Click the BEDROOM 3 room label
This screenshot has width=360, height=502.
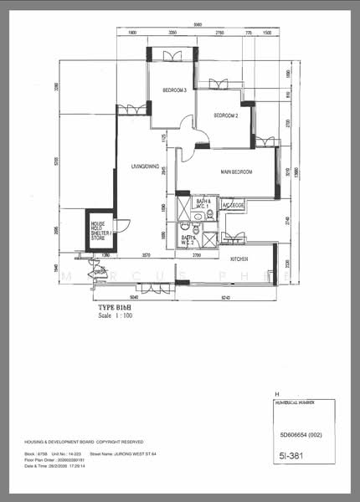174,90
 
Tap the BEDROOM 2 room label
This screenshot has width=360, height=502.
226,115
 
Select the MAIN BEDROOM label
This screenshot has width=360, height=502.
237,172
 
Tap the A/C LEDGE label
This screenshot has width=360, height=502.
233,205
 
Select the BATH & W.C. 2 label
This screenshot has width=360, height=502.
188,241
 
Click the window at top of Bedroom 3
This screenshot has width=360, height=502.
173,56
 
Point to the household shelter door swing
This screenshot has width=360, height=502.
122,225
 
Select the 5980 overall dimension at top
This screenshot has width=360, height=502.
197,24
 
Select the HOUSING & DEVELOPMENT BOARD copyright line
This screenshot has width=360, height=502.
84,441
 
